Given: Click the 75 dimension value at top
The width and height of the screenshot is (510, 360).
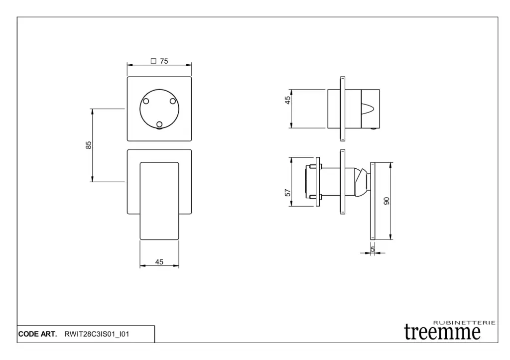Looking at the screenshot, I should click(164, 61).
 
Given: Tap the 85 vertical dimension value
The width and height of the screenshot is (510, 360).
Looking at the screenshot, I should click(89, 145).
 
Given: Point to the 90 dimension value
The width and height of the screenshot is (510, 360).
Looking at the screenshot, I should click(386, 201).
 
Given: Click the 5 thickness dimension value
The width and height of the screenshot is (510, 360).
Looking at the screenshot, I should click(373, 248).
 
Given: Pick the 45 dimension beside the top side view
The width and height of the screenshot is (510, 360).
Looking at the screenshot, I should click(288, 100).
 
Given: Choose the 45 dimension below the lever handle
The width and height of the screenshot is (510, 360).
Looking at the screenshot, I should click(159, 262).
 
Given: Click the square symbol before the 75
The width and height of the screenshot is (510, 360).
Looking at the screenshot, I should click(153, 61).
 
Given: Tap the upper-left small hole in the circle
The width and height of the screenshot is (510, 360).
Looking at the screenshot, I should click(146, 101).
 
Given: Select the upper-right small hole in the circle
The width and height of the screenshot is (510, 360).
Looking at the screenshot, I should click(173, 101).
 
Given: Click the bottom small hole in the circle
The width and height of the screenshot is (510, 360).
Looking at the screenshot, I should click(159, 124).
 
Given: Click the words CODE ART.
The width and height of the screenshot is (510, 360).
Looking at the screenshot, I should click(37, 334).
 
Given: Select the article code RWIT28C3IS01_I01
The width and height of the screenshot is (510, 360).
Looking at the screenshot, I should click(97, 334).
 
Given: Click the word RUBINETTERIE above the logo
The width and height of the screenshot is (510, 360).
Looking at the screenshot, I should click(464, 323).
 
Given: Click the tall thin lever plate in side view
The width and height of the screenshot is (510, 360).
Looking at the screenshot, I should click(373, 201).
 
